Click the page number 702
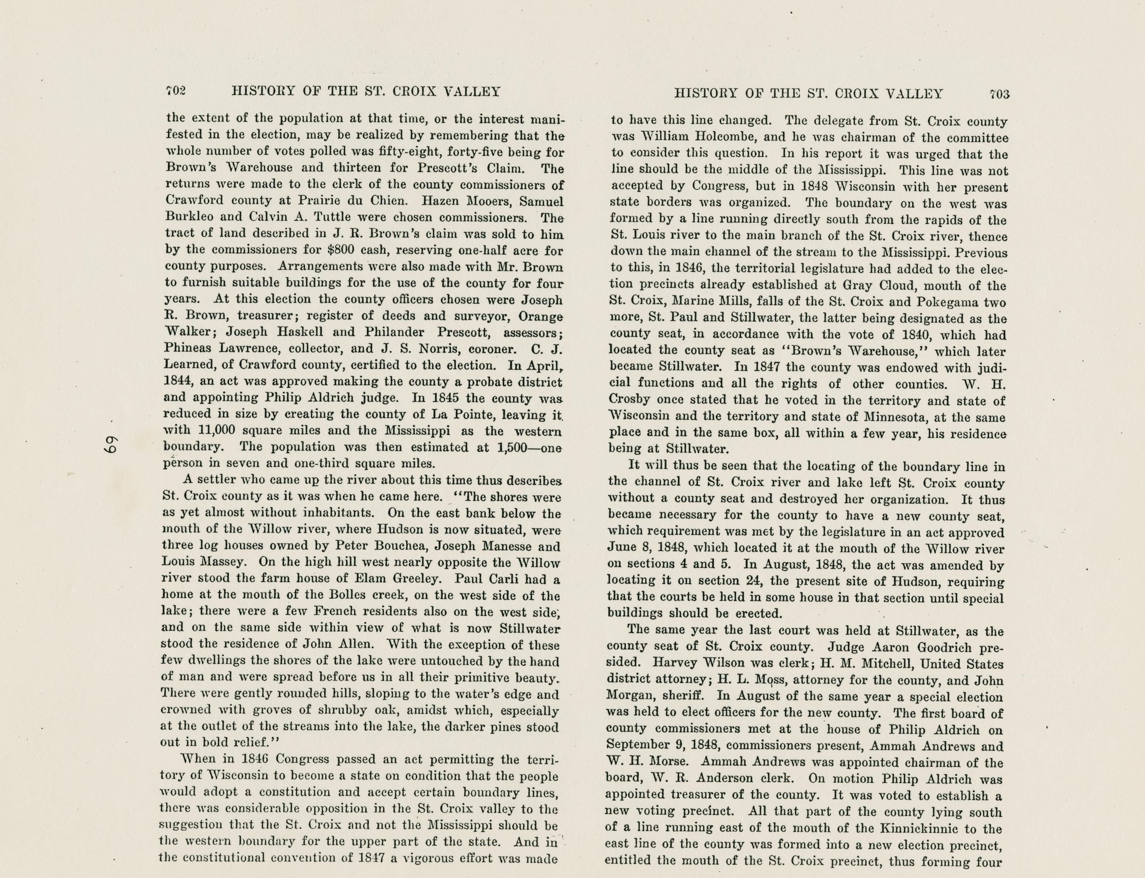[176, 91]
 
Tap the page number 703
[1000, 94]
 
